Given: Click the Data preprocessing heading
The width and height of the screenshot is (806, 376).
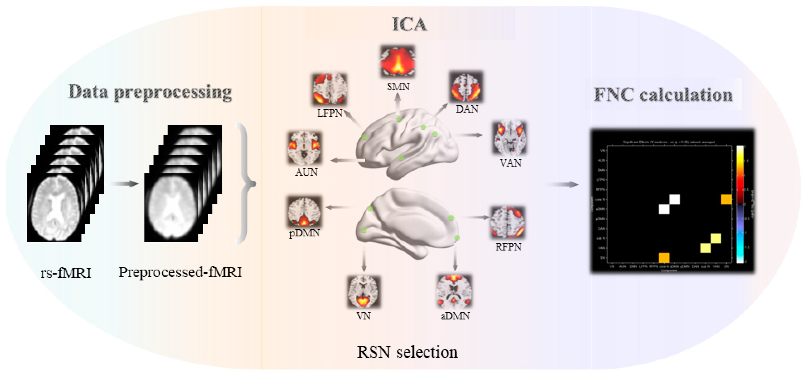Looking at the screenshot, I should tap(150, 93).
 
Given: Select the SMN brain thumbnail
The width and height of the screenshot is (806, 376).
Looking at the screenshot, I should tap(398, 62).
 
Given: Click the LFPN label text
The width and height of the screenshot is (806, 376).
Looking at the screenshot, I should tap(329, 113).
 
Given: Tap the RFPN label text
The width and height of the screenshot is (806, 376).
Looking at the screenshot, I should tap(508, 247).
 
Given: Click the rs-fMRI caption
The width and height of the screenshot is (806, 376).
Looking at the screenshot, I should tap(66, 273).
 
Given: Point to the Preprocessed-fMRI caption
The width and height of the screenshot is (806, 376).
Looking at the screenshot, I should tap(180, 272).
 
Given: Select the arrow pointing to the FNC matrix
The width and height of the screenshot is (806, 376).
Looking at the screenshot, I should tap(563, 185).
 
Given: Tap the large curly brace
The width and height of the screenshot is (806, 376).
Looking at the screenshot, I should tap(246, 184).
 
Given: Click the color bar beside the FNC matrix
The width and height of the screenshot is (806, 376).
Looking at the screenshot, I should tap(740, 204).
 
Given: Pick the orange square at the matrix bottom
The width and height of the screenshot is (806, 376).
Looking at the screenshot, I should tap(664, 257).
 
